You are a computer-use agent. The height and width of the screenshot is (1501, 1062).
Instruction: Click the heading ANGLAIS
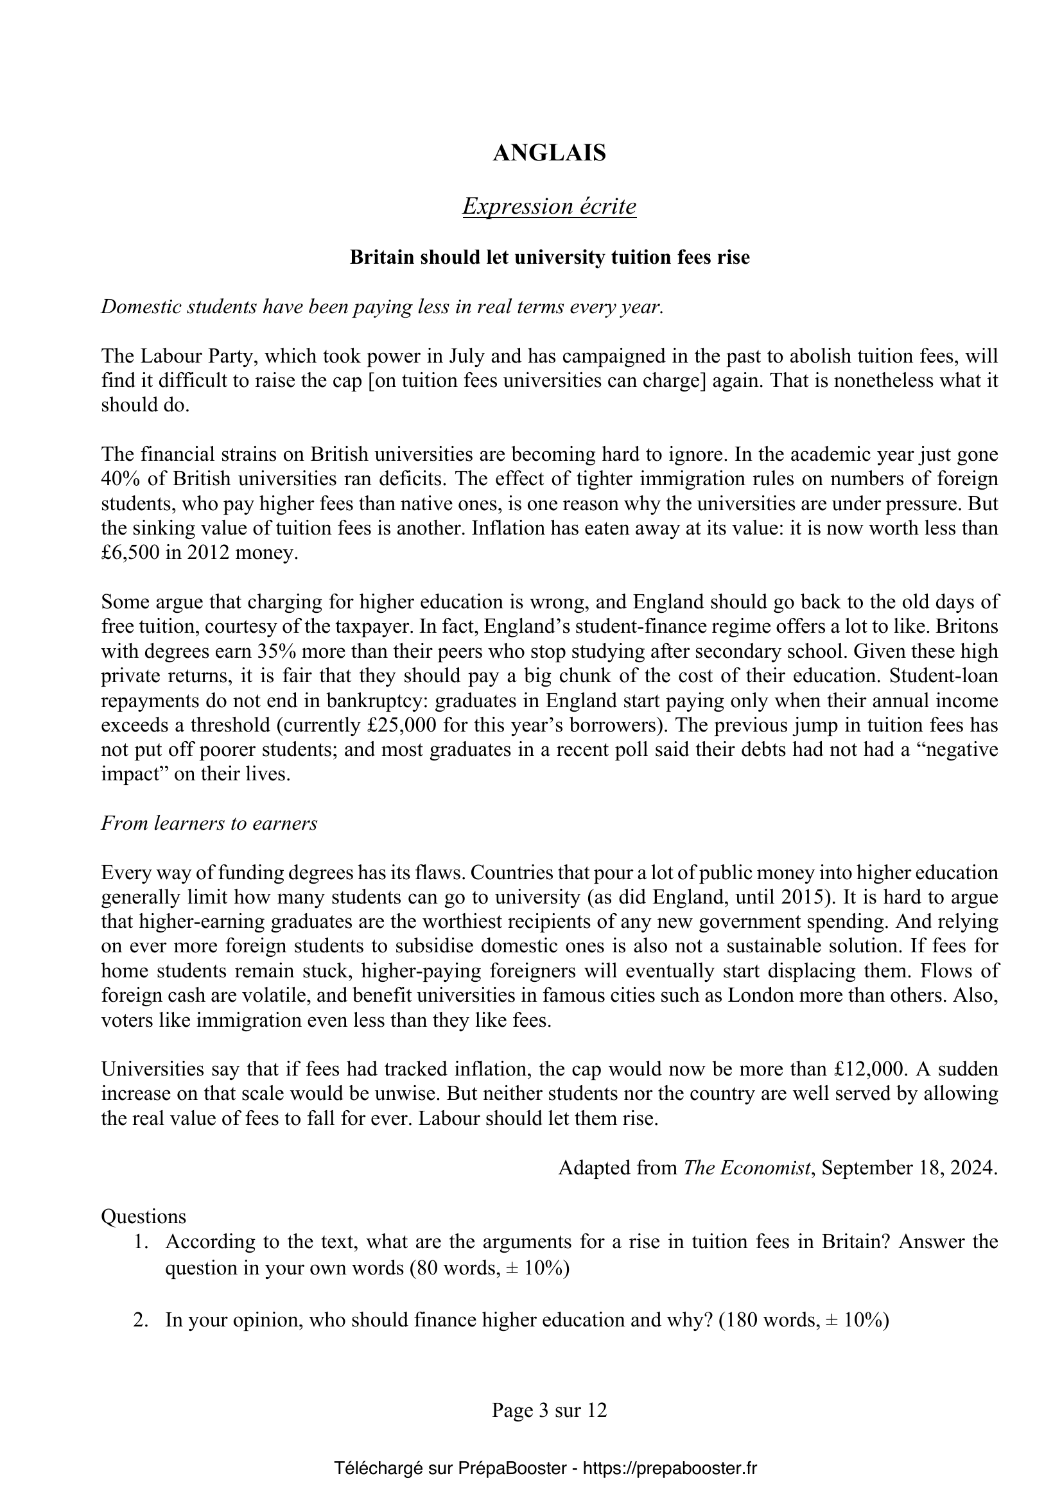coord(550,153)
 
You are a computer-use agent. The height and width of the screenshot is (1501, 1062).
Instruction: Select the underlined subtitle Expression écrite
coord(550,207)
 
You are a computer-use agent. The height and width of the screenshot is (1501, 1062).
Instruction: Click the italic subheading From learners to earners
coord(209,823)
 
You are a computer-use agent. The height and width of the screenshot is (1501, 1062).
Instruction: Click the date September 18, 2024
coord(909,1167)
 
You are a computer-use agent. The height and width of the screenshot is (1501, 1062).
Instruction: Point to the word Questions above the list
coord(144,1217)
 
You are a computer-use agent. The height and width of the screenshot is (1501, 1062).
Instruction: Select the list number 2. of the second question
coord(141,1320)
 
